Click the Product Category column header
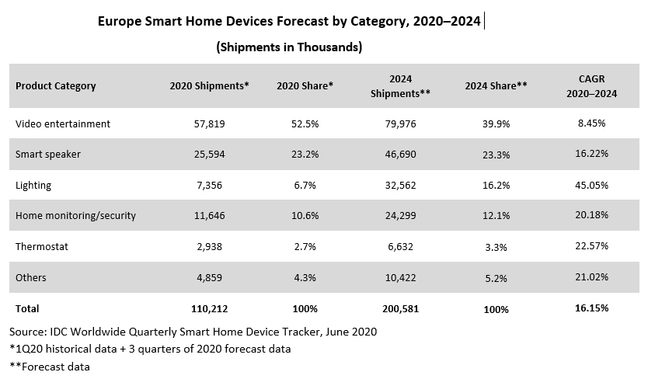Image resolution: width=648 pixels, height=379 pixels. tap(56, 86)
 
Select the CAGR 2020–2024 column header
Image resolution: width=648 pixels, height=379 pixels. tap(591, 86)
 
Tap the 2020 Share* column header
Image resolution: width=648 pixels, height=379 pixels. tap(305, 85)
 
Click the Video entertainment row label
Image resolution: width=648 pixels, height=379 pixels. tap(63, 124)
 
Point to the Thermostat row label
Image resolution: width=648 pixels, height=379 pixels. tap(42, 247)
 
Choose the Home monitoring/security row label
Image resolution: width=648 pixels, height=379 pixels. tap(75, 216)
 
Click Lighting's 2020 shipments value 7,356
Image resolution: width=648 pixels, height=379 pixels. tap(210, 185)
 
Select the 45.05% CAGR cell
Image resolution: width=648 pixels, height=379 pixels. tap(591, 185)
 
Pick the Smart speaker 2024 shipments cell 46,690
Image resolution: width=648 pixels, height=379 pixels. tap(400, 155)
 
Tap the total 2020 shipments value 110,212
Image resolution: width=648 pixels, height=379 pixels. tap(210, 309)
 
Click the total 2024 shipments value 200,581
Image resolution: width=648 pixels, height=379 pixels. tap(400, 309)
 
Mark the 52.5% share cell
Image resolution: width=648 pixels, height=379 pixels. tap(305, 124)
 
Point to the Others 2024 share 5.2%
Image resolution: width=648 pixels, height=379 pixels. tap(496, 279)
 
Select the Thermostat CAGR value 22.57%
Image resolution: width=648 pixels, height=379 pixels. tap(591, 246)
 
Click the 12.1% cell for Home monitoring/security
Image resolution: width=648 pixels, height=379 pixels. tap(496, 216)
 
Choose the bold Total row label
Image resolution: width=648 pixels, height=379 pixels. tap(27, 309)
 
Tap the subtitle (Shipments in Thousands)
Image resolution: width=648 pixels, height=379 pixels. tap(289, 47)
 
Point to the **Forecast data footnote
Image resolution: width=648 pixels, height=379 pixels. tap(50, 367)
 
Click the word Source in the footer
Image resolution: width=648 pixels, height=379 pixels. tap(27, 332)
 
